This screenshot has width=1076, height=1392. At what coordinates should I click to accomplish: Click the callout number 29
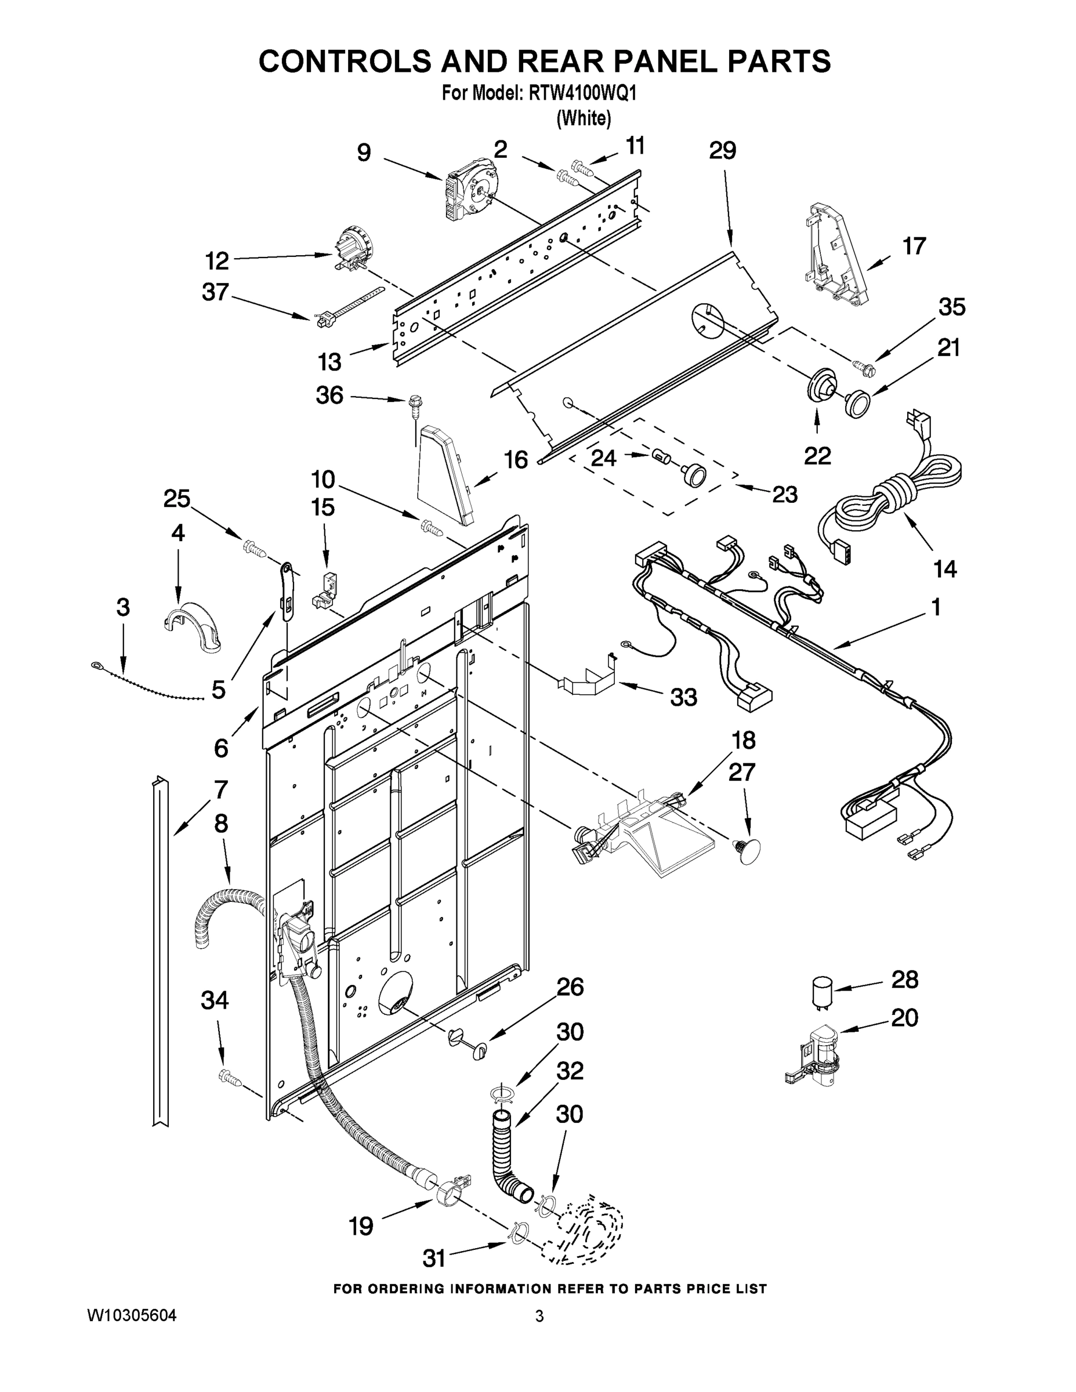(x=722, y=150)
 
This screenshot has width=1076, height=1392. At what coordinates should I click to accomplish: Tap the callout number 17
(x=914, y=245)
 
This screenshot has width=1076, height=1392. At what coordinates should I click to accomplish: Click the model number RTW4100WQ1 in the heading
(x=582, y=94)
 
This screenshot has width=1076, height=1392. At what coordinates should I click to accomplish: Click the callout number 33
(x=683, y=697)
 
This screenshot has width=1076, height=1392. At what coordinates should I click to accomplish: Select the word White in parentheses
(x=584, y=118)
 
